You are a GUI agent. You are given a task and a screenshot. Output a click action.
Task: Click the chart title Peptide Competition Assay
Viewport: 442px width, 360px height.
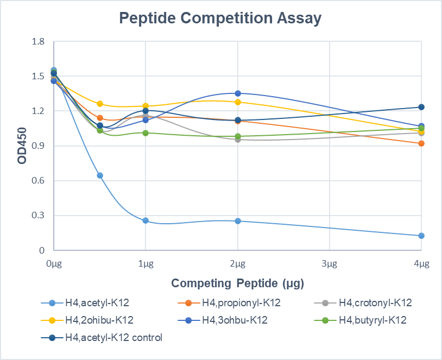coord(220,18)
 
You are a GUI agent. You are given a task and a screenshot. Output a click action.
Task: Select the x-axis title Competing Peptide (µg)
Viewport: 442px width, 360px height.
coord(237,283)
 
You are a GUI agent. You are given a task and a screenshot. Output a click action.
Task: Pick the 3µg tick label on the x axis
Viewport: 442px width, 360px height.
coord(330,264)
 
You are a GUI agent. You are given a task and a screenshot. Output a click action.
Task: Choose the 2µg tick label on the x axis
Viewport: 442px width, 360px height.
coord(237,264)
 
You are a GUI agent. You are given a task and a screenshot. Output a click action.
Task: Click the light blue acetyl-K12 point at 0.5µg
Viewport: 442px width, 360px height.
coord(100,175)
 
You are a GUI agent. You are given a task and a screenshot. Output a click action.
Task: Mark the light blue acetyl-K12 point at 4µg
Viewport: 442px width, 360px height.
coord(421,236)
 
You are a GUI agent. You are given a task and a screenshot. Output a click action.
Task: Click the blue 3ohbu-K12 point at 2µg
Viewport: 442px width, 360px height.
coord(238,93)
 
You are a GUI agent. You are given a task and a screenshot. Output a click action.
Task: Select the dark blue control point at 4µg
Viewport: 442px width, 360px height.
coord(421,107)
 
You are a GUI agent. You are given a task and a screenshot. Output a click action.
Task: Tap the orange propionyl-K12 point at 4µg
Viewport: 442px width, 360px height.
coord(421,143)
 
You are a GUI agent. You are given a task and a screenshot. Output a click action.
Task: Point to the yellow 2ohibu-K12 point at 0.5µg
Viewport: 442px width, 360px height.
coord(100,104)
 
